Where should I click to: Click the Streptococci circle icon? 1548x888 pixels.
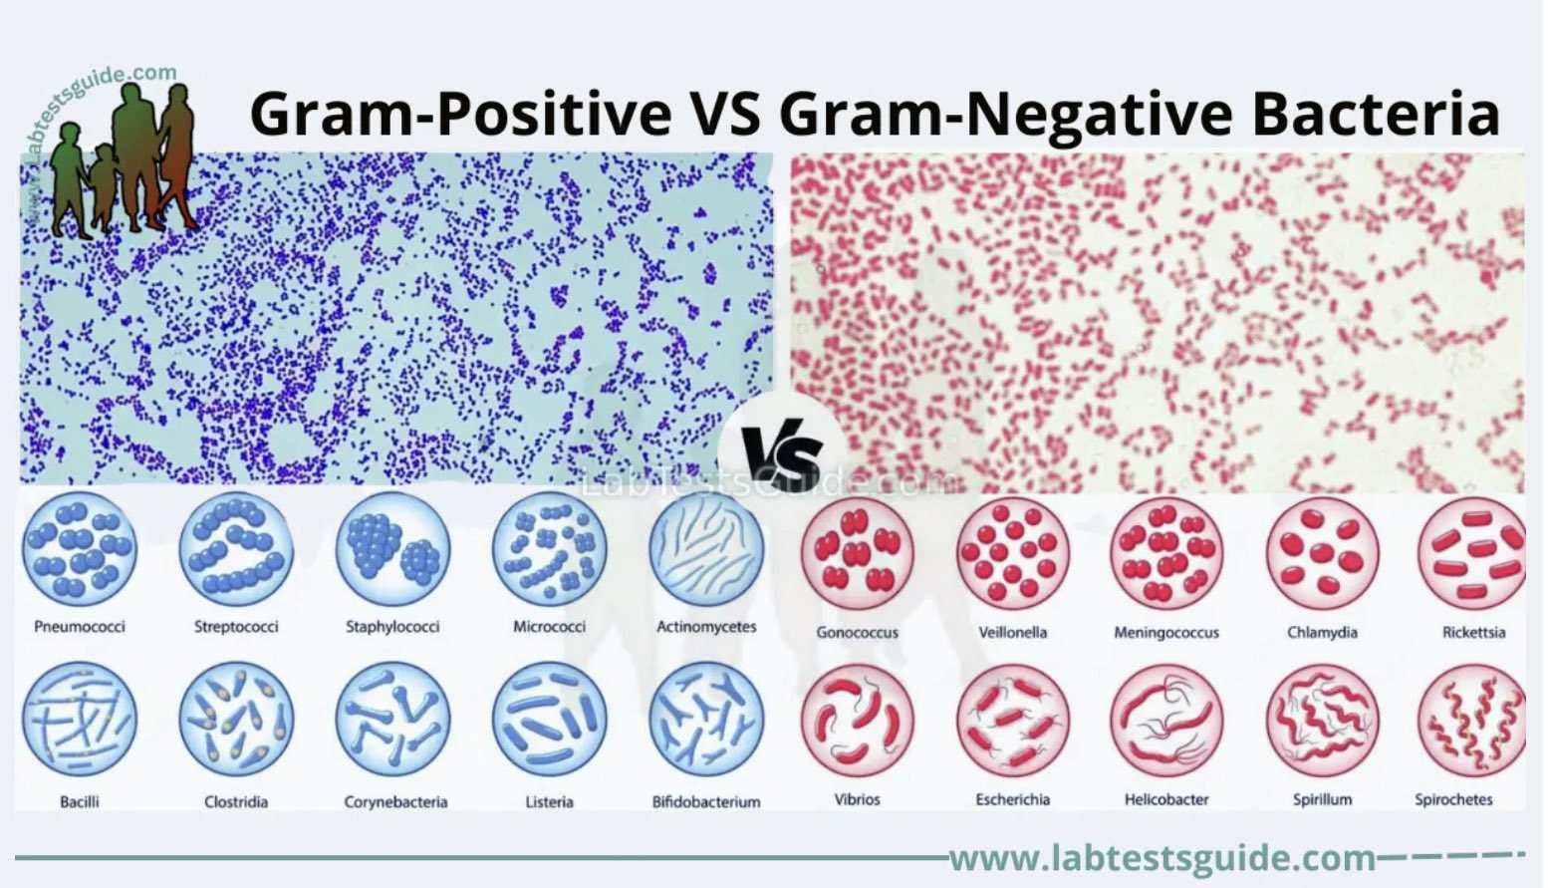point(236,548)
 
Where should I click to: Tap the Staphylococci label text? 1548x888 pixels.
point(392,627)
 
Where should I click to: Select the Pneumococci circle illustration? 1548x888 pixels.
point(79,548)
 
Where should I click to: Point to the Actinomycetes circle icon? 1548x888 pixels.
point(706,548)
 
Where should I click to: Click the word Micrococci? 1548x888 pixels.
point(549,627)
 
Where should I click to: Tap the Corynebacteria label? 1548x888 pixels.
point(395,801)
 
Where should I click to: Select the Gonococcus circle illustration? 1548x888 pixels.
point(857,554)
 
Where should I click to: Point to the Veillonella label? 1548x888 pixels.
point(1012,632)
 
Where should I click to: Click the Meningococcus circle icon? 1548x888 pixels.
point(1166,554)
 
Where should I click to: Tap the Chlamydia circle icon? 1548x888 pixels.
point(1323,554)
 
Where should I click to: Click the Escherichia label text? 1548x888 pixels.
point(1012,799)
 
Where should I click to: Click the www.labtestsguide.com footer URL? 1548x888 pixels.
point(1161,857)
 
